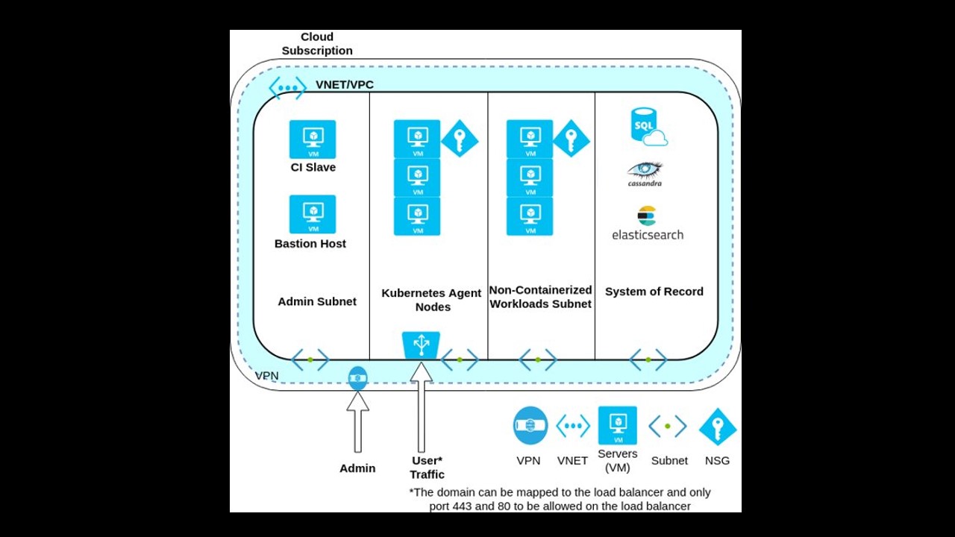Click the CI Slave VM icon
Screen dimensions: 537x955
[313, 139]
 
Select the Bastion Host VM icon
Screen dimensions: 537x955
[313, 214]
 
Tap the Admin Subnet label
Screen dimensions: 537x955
[317, 301]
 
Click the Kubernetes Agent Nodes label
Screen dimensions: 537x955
[431, 300]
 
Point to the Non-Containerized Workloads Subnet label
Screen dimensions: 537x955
[541, 297]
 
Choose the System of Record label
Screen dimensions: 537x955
[654, 292]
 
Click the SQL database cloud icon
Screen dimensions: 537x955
[648, 127]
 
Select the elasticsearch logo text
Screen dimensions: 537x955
[648, 234]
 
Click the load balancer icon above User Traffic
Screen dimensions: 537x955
[421, 345]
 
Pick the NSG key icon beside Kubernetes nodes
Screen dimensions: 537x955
[459, 139]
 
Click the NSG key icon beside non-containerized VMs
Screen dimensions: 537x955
[571, 139]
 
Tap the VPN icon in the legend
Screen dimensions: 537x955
[530, 426]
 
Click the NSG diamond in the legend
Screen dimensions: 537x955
[717, 427]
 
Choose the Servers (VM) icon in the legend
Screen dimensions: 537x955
[618, 425]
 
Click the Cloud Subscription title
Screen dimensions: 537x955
[317, 44]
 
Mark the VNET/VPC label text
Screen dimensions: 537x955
[345, 85]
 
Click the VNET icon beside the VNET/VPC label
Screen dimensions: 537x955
[287, 87]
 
